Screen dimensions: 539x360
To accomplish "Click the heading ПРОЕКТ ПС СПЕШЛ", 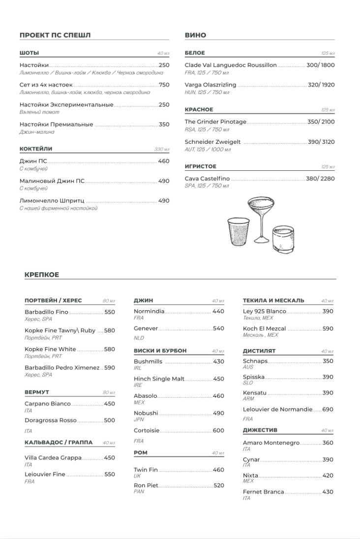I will click(x=55, y=35).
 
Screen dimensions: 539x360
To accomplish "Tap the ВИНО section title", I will click(x=195, y=35).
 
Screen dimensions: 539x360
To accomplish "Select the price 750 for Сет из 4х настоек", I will click(x=164, y=85).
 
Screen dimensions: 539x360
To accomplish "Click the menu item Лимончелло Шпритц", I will click(x=52, y=201).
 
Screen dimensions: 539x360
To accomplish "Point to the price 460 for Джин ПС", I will click(x=164, y=161).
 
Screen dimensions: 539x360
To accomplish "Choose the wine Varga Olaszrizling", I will click(x=210, y=85).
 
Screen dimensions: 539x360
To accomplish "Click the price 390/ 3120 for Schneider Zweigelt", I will click(x=321, y=142).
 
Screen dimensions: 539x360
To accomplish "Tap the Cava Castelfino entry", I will click(x=207, y=179).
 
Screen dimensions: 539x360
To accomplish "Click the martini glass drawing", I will click(x=260, y=217).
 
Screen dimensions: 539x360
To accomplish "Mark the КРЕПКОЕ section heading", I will click(x=42, y=275).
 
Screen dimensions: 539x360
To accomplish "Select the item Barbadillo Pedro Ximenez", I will click(x=62, y=368).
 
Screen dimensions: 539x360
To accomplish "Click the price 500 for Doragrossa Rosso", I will click(x=109, y=420).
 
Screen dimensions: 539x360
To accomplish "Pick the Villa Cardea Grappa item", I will click(x=53, y=458).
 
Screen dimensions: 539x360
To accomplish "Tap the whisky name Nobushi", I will click(x=146, y=413).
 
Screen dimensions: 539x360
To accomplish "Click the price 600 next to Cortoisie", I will click(x=218, y=431).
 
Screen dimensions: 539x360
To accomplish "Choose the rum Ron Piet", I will click(x=146, y=485).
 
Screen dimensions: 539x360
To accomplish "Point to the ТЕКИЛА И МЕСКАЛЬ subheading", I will click(x=273, y=300).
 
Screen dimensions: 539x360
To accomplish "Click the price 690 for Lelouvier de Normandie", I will click(x=328, y=410).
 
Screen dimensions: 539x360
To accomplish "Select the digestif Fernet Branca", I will click(x=263, y=492).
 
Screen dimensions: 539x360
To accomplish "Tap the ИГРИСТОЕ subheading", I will click(x=201, y=166).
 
